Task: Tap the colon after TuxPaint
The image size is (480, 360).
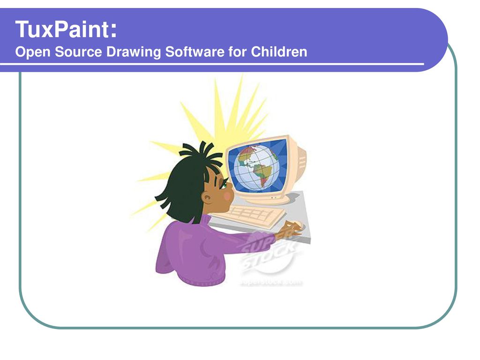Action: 112,31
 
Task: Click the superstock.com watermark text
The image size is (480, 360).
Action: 271,283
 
